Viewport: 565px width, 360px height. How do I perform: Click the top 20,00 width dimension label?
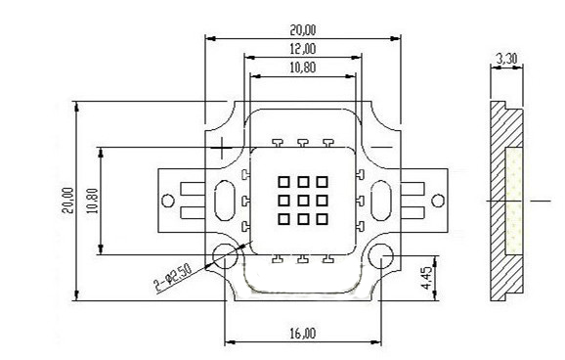pyautogui.click(x=303, y=30)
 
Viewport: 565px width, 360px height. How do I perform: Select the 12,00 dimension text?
pyautogui.click(x=303, y=49)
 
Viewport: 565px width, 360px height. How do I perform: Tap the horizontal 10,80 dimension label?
pyautogui.click(x=303, y=67)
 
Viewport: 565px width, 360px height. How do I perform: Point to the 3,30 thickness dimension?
pyautogui.click(x=506, y=59)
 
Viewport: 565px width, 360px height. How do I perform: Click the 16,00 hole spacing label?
pyautogui.click(x=303, y=334)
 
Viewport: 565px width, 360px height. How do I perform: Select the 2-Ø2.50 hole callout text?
pyautogui.click(x=173, y=278)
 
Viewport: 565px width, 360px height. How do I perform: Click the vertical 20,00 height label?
pyautogui.click(x=67, y=201)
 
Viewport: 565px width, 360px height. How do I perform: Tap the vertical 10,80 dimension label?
pyautogui.click(x=93, y=201)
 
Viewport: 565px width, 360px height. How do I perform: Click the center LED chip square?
pyautogui.click(x=303, y=201)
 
